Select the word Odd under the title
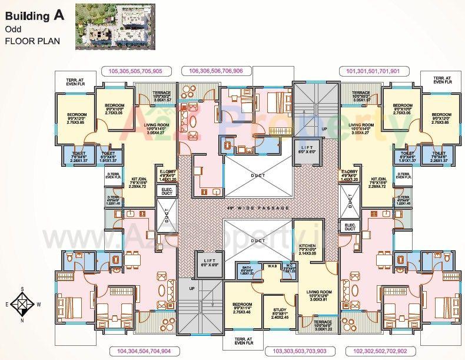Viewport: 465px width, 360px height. point(12,29)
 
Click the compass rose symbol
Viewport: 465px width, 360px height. point(21,305)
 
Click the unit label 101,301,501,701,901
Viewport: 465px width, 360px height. point(373,71)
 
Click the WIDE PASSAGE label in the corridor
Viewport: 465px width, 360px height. point(259,208)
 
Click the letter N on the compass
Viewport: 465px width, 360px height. point(22,322)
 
